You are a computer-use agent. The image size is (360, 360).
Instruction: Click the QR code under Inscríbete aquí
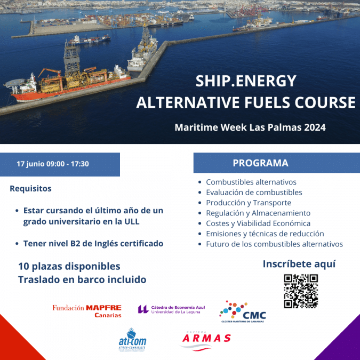(x=300, y=291)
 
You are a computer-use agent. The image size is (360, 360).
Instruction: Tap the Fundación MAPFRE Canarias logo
(x=87, y=311)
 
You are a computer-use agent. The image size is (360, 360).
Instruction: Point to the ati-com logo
(x=132, y=340)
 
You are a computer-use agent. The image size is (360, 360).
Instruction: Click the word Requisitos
(x=30, y=188)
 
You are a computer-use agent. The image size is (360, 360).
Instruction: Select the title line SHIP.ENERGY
(x=245, y=81)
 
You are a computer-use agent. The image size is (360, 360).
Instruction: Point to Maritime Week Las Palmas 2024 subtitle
(x=250, y=128)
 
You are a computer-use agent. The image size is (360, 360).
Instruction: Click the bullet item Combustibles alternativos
(x=251, y=182)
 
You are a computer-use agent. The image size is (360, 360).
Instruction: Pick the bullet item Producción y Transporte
(x=248, y=203)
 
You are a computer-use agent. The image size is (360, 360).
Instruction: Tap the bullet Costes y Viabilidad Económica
(x=258, y=223)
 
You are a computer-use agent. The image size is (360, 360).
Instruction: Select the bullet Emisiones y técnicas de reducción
(x=265, y=234)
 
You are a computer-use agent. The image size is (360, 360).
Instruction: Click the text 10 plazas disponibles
(x=69, y=266)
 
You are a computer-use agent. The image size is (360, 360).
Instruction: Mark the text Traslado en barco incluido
(x=82, y=279)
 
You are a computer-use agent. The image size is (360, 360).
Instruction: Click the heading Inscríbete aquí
(x=299, y=264)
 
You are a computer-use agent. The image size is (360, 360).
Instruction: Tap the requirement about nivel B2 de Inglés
(x=93, y=243)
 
